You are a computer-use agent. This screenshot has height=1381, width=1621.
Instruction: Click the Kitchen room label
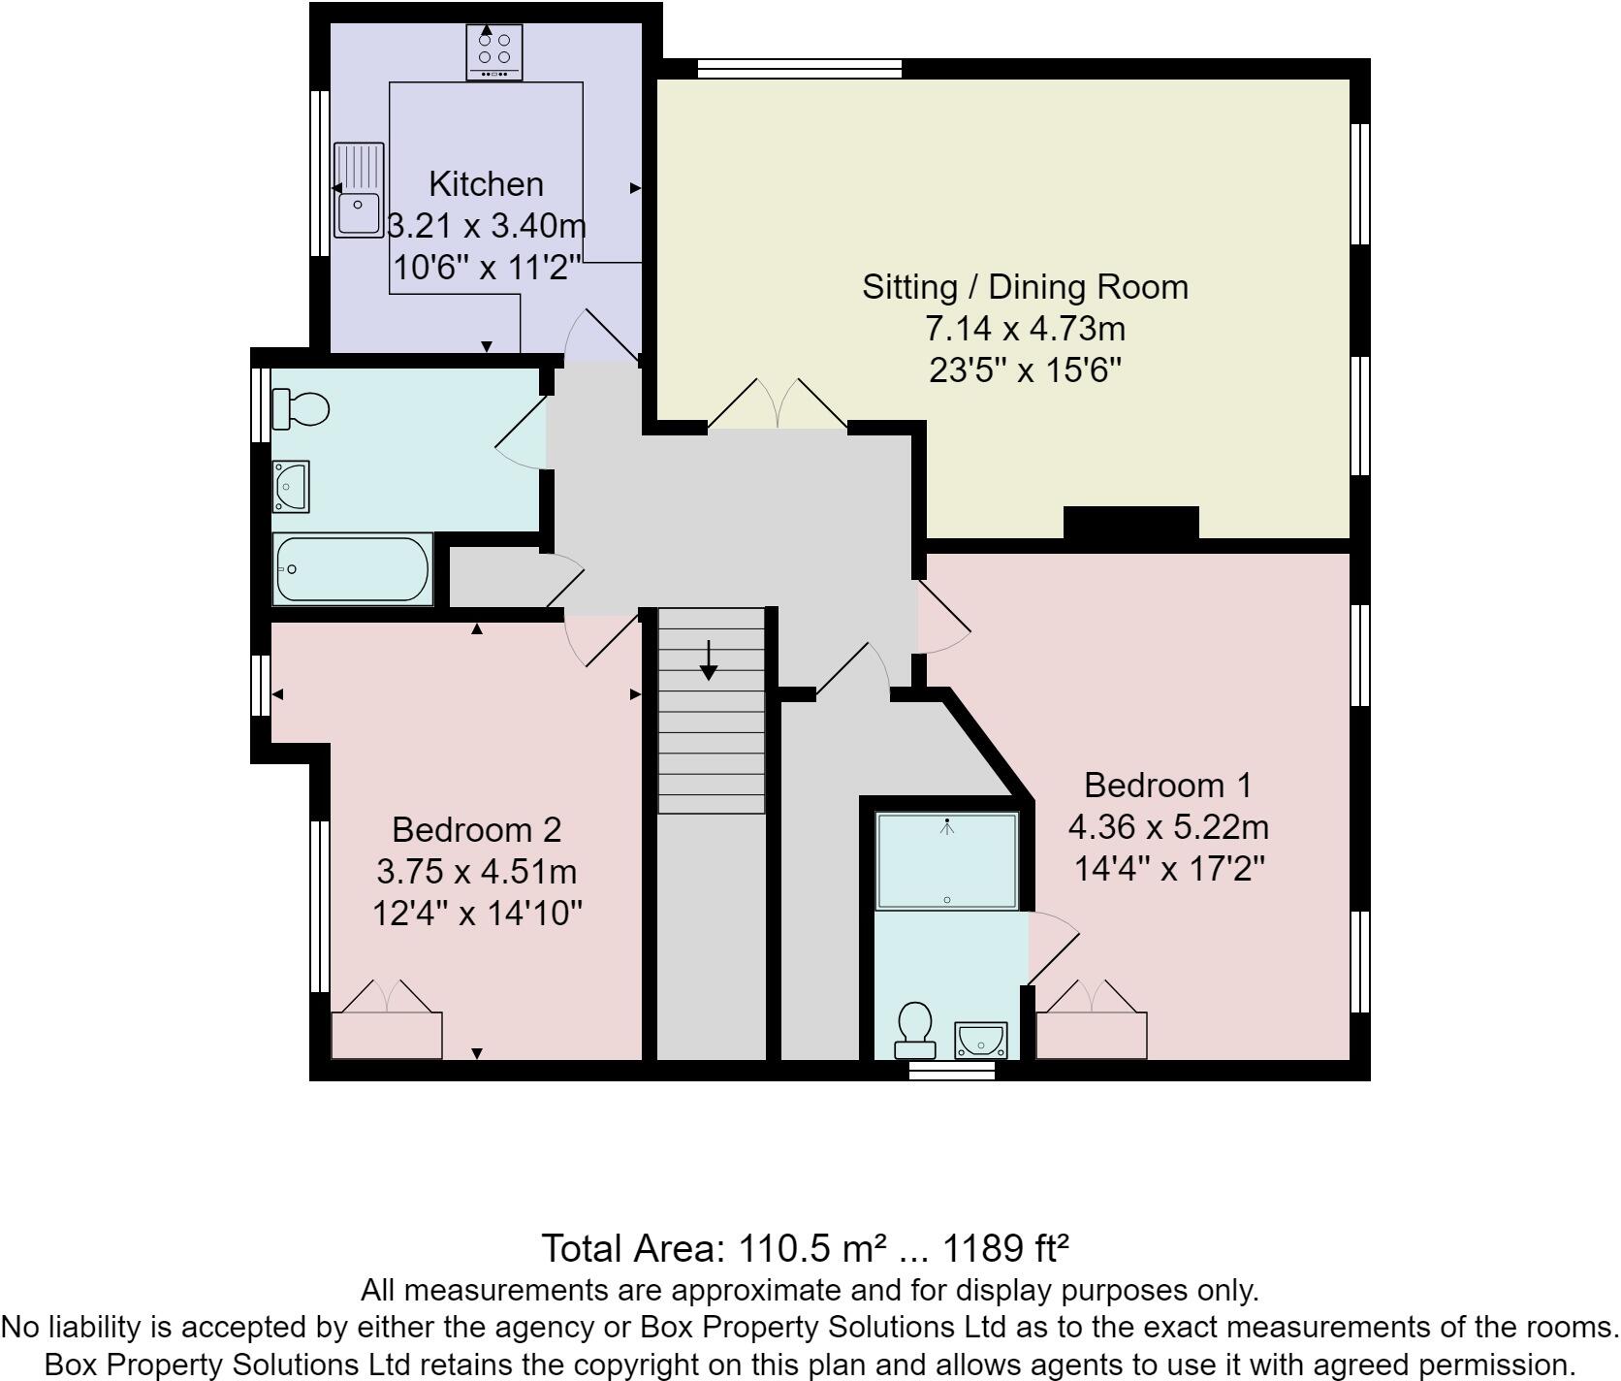(486, 184)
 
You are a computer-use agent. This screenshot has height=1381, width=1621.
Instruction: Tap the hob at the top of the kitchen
(493, 52)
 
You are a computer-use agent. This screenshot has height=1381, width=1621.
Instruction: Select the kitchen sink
(359, 190)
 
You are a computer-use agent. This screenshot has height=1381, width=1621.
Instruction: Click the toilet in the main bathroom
(300, 408)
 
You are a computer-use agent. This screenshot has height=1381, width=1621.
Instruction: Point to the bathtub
(352, 569)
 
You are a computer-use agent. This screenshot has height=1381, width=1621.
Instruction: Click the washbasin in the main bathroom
(291, 486)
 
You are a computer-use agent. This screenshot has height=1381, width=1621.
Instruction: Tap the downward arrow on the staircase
(709, 660)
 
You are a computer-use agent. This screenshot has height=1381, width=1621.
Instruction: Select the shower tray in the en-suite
(946, 861)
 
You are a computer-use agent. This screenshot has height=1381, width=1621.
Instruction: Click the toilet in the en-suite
(914, 1030)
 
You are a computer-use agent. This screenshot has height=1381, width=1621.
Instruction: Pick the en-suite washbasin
(981, 1041)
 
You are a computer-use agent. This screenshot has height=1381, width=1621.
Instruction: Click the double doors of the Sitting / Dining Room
(778, 405)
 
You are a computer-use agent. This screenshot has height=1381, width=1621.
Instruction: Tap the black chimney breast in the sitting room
(1130, 523)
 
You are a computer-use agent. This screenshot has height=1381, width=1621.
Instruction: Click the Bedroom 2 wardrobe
(387, 1034)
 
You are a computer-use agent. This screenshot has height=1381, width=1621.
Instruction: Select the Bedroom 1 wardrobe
(1092, 1034)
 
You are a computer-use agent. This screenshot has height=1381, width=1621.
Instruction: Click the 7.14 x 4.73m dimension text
(1025, 330)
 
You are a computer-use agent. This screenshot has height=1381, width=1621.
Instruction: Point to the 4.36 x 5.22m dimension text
(1168, 827)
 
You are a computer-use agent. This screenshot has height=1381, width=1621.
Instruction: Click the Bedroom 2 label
(476, 830)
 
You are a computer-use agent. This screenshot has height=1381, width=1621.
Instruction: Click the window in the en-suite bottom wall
(952, 1071)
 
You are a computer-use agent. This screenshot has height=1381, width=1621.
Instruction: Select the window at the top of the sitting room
(800, 69)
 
